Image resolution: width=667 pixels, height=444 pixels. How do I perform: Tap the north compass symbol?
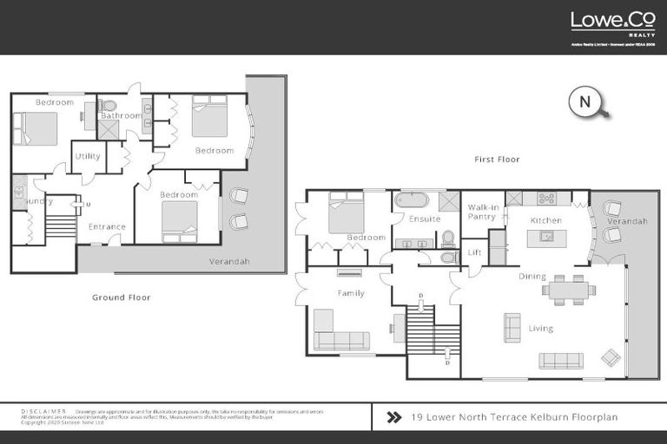tap(586, 102)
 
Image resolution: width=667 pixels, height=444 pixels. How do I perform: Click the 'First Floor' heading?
tap(497, 160)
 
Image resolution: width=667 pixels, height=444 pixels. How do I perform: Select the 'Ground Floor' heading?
tap(122, 297)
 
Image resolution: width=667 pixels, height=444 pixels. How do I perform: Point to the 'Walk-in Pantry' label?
tap(482, 212)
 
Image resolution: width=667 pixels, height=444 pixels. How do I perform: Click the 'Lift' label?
tap(474, 252)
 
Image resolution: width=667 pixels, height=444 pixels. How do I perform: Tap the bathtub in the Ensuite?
tap(412, 200)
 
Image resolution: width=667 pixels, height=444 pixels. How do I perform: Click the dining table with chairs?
tap(569, 290)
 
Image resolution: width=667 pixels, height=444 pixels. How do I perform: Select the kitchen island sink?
tap(548, 236)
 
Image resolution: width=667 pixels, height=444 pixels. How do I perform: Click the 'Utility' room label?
tap(88, 157)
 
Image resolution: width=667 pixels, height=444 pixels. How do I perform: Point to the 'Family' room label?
tap(351, 294)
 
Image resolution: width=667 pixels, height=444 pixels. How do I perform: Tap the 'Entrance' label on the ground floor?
tap(107, 227)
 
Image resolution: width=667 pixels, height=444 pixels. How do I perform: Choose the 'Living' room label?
tap(540, 329)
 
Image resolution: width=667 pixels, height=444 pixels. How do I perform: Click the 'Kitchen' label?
tap(546, 221)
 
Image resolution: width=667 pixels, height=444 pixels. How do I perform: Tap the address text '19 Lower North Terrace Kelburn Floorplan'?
tap(513, 417)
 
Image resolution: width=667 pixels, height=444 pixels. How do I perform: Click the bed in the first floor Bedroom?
tap(346, 212)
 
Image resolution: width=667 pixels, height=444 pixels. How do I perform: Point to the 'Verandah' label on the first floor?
tap(626, 222)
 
